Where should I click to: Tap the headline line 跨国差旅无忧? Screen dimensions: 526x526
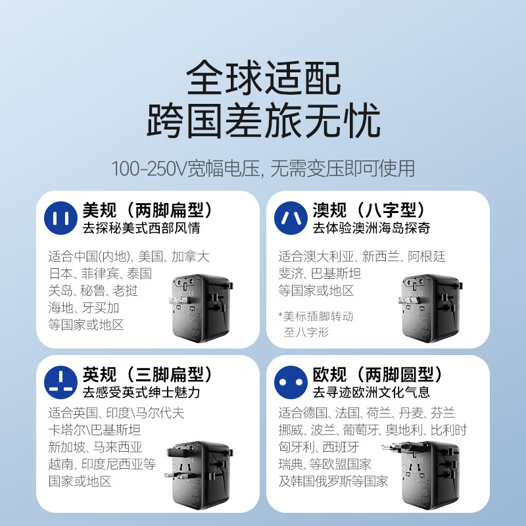click(263, 123)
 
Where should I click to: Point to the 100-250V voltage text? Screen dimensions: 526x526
click(263, 168)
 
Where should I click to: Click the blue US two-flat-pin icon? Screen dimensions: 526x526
click(60, 218)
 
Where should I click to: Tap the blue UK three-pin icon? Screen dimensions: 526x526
click(60, 383)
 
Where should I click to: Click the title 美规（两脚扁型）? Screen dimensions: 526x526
click(149, 210)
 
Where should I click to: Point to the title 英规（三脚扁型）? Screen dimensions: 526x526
click(149, 375)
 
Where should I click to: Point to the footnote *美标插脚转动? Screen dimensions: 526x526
click(316, 316)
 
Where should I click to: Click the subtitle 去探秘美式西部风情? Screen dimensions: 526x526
click(141, 229)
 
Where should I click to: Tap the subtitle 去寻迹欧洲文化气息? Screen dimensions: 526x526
click(371, 393)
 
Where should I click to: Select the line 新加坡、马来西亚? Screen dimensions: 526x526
click(95, 447)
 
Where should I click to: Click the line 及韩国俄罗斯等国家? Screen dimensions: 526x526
click(333, 481)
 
